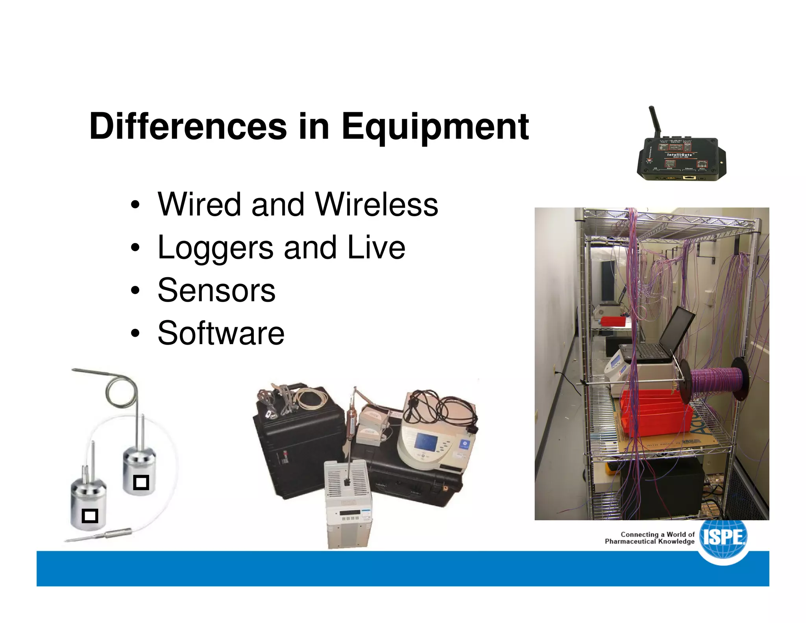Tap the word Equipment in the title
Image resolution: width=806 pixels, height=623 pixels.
435,127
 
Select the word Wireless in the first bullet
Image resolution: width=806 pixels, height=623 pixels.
377,204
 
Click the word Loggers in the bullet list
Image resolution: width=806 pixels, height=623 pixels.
215,248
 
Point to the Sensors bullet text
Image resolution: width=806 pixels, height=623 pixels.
216,290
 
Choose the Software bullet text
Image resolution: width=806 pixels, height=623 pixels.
221,333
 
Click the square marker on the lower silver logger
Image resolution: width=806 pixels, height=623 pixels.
90,515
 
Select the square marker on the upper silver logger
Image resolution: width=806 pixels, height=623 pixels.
141,482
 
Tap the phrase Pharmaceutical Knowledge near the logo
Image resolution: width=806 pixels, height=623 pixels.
649,541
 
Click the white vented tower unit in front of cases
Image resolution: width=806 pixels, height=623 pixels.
348,504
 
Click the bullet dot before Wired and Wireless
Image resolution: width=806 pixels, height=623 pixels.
135,205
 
